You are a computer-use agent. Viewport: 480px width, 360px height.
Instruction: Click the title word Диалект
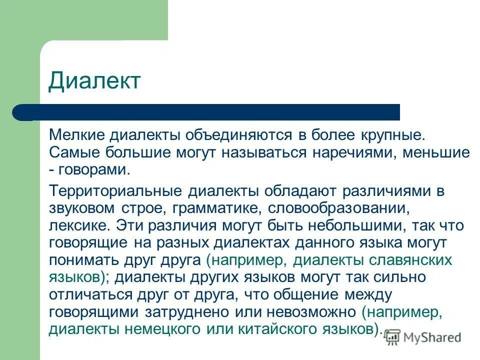tap(95, 80)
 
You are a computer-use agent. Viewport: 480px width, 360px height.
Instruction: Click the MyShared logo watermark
tap(423, 337)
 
